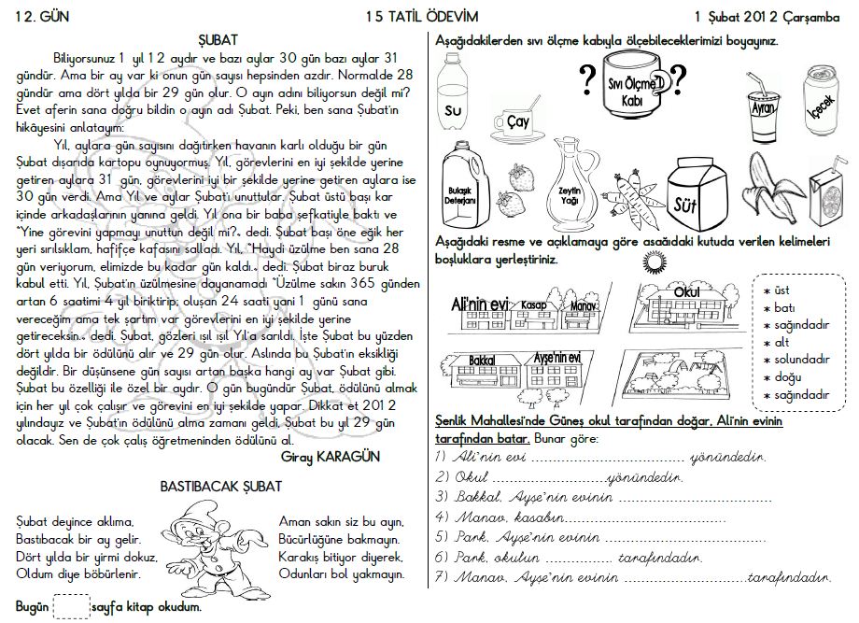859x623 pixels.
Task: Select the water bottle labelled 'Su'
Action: [458, 99]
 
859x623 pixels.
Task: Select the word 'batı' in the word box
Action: [785, 307]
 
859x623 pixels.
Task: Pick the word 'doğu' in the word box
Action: [786, 377]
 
